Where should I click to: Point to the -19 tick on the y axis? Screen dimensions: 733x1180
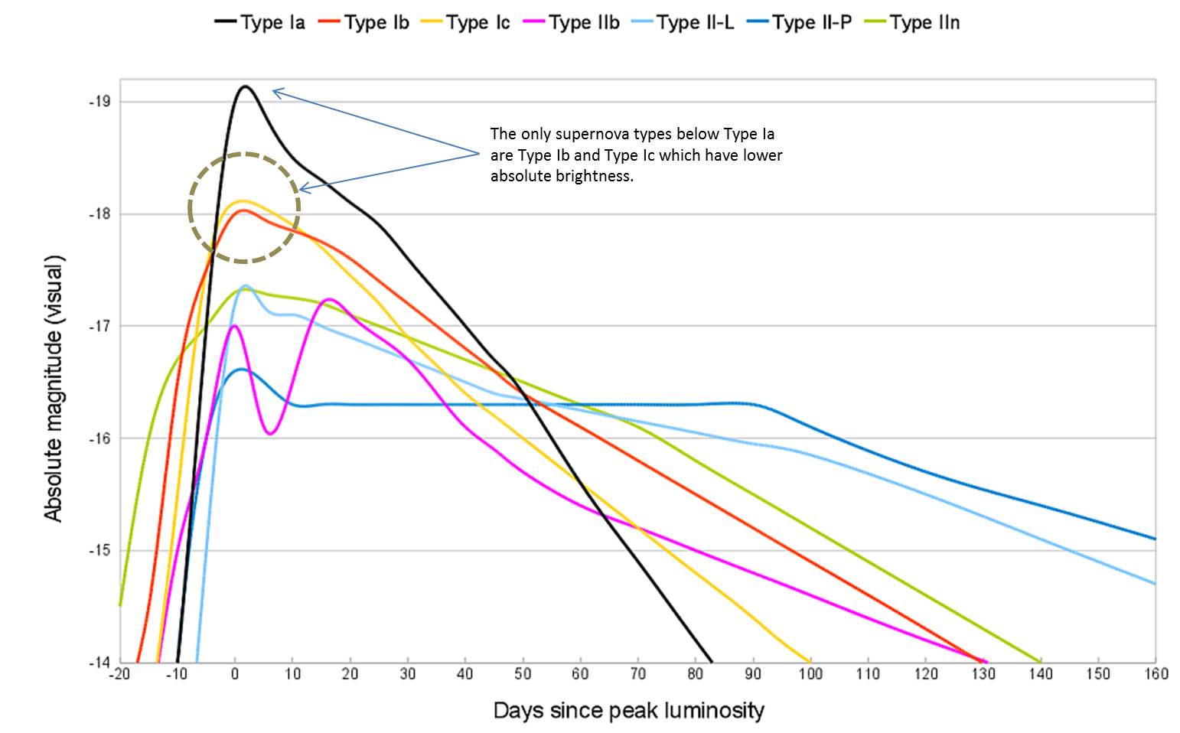(100, 102)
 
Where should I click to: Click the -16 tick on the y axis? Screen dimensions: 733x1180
(100, 438)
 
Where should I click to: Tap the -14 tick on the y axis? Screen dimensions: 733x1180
(100, 663)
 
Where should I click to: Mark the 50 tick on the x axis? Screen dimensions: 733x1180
(523, 674)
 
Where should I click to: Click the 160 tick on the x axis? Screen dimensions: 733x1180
(1156, 674)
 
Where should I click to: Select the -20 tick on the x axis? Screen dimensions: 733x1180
(119, 674)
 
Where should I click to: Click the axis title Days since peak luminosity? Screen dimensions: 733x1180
(628, 711)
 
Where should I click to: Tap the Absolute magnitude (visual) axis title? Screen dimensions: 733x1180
(53, 389)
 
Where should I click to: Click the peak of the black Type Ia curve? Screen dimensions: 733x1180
(246, 86)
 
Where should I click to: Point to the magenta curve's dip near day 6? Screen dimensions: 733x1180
(270, 434)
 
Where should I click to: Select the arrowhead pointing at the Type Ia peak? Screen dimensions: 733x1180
(274, 91)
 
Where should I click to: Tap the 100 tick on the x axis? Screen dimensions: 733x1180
(810, 674)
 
